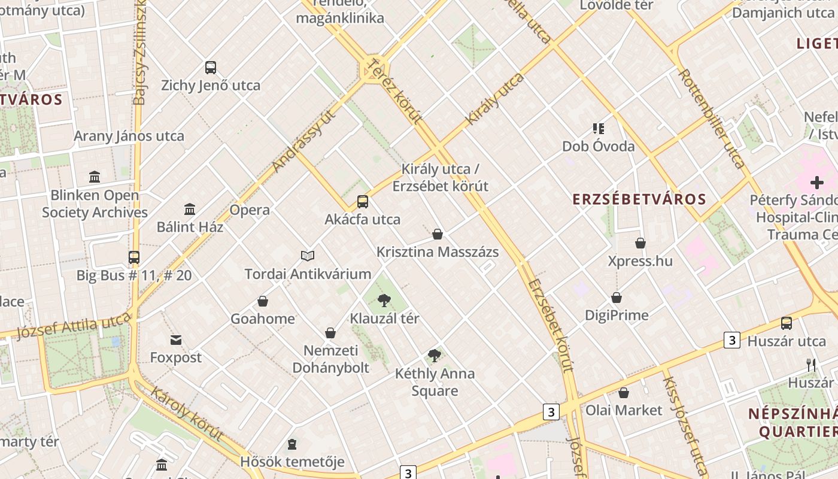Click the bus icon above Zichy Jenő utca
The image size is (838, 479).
point(210,68)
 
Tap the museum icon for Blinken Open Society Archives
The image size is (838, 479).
point(95,177)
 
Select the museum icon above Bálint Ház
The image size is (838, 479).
point(190,209)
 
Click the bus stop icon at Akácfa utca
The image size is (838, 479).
point(363,202)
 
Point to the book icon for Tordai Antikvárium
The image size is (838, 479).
point(308,256)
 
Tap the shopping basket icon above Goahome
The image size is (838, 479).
point(263,301)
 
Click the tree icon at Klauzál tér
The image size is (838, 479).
point(384,301)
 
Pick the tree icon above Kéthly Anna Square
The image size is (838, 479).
point(435,356)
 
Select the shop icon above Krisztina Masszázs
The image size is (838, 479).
point(438,234)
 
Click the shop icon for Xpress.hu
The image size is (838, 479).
point(640,243)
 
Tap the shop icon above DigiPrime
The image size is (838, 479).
point(617,298)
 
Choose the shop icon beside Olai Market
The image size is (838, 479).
point(624,393)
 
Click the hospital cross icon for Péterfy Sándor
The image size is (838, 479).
point(816,183)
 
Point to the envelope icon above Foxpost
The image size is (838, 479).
point(176,340)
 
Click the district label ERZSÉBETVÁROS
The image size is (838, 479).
point(639,199)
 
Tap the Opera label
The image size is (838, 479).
point(250,210)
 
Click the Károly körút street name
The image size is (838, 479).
point(187,414)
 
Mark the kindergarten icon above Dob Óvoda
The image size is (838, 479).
point(599,129)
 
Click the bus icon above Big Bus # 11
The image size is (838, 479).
point(134,257)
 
